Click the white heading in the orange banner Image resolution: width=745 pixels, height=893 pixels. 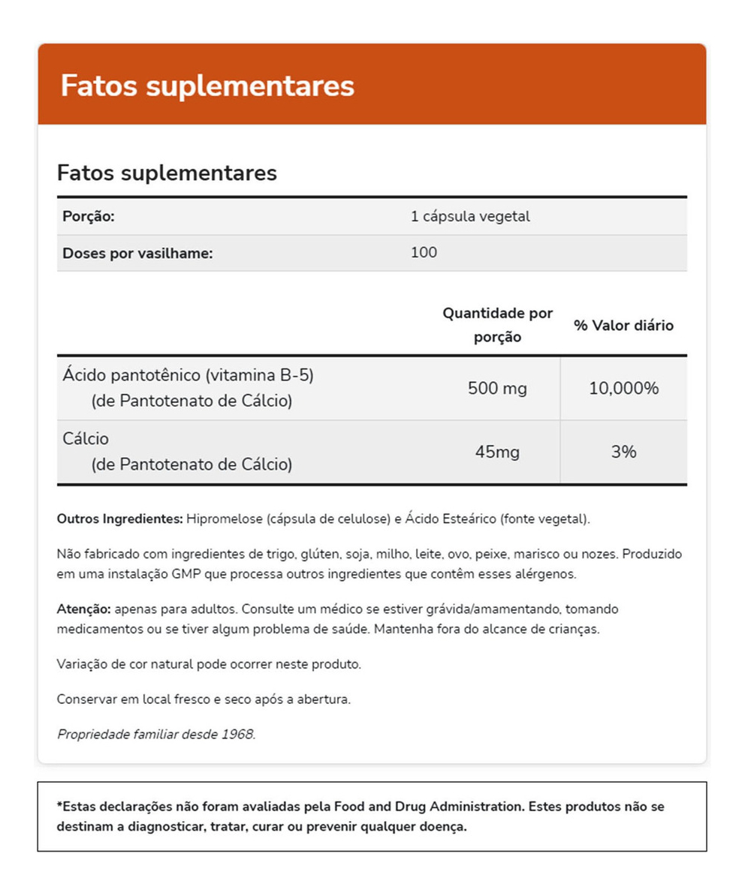click(x=207, y=86)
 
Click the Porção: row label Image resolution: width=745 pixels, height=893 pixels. click(x=89, y=217)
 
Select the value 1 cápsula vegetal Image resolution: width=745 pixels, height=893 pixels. click(x=470, y=217)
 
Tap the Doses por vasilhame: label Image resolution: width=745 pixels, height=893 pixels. click(x=138, y=253)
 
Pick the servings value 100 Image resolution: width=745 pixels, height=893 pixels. click(x=424, y=253)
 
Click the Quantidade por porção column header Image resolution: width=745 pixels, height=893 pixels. click(x=497, y=324)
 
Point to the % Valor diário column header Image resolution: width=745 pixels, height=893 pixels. click(x=623, y=326)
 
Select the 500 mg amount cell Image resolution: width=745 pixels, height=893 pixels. click(x=497, y=389)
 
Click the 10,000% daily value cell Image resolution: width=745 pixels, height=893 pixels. click(x=623, y=389)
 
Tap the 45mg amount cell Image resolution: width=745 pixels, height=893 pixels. click(x=497, y=453)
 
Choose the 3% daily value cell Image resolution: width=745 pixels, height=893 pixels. click(x=623, y=453)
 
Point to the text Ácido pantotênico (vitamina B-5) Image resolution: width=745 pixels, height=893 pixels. click(x=188, y=374)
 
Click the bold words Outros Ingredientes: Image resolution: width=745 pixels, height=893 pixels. click(x=119, y=519)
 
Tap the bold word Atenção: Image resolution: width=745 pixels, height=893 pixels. click(x=83, y=609)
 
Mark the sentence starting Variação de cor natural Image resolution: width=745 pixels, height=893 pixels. click(x=209, y=664)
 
